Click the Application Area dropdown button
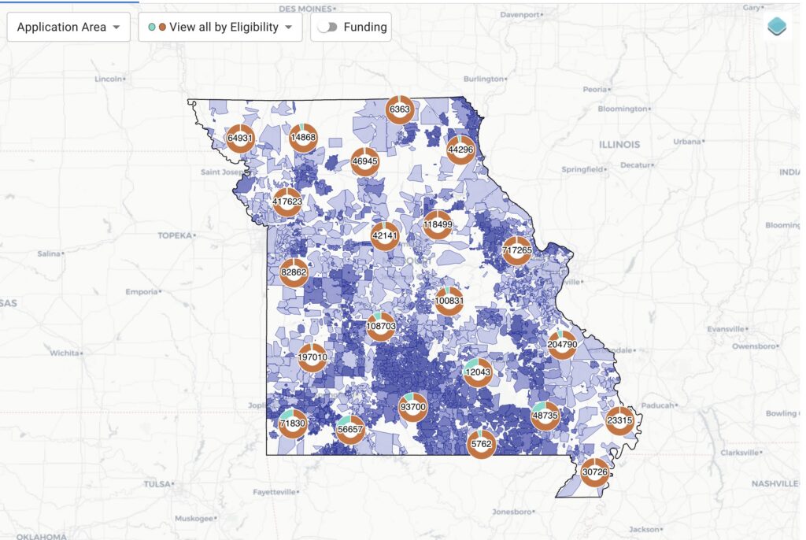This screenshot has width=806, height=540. [68, 27]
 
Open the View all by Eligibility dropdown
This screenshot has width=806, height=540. [220, 27]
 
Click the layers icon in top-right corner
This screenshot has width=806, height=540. [778, 26]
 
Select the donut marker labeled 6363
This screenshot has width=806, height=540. [400, 109]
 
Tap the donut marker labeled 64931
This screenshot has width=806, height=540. [240, 138]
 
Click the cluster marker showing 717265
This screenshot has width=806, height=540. [517, 250]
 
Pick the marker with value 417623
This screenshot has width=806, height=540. [287, 202]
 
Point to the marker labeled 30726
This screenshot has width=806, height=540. [595, 472]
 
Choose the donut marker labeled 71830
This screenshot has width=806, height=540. [292, 423]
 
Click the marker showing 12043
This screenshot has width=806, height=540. [478, 372]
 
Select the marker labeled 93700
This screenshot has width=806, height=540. [412, 407]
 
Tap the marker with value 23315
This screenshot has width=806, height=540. [619, 420]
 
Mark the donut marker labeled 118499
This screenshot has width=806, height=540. [437, 224]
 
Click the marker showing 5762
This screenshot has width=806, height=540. [480, 444]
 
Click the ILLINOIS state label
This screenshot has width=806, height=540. [619, 145]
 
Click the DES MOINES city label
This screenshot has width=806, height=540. [303, 9]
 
